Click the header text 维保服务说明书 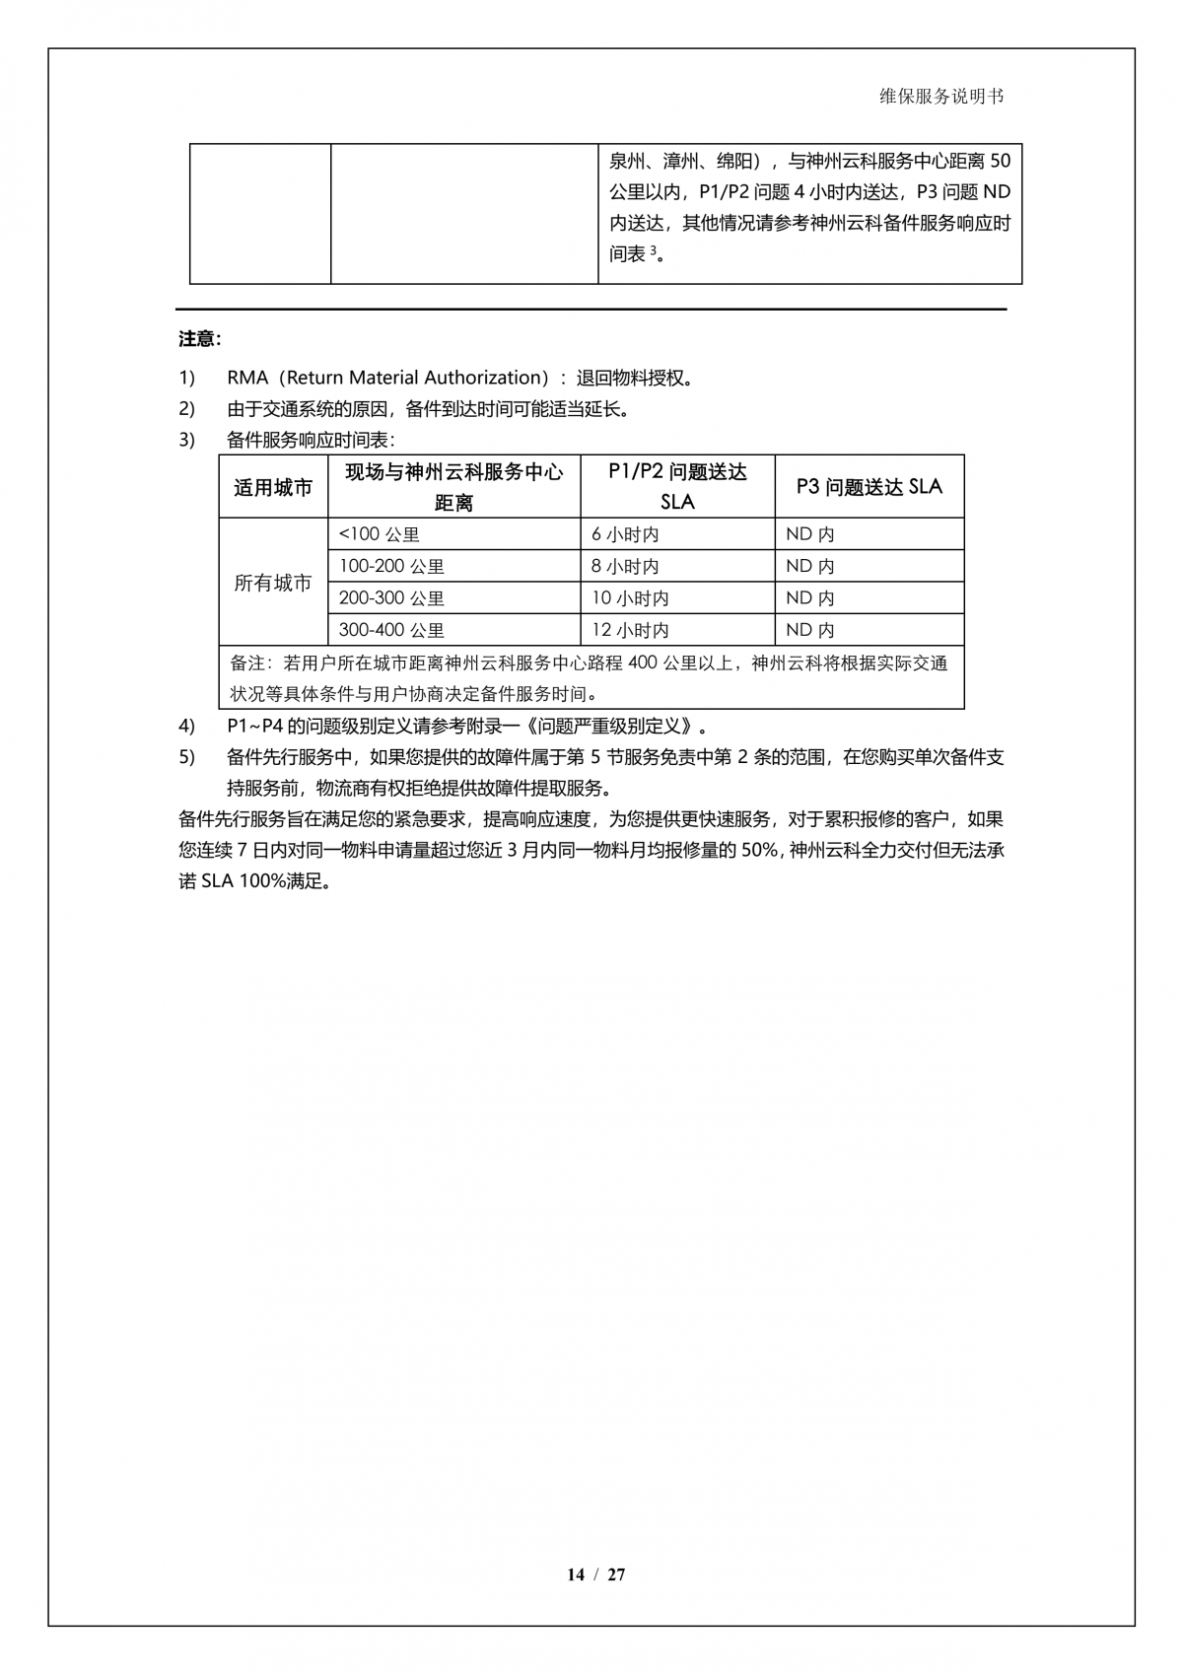941,97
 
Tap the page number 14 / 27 595,1574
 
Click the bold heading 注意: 200,339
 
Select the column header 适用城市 273,487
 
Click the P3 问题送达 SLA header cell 869,487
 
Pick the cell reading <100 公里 380,534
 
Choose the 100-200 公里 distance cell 391,567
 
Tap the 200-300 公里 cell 391,598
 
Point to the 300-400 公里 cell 391,630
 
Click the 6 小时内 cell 625,534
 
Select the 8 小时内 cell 625,567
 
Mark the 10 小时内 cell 630,598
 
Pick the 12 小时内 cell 630,630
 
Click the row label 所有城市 273,583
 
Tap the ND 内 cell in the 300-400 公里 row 810,630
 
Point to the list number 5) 187,757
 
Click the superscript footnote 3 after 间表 653,249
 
